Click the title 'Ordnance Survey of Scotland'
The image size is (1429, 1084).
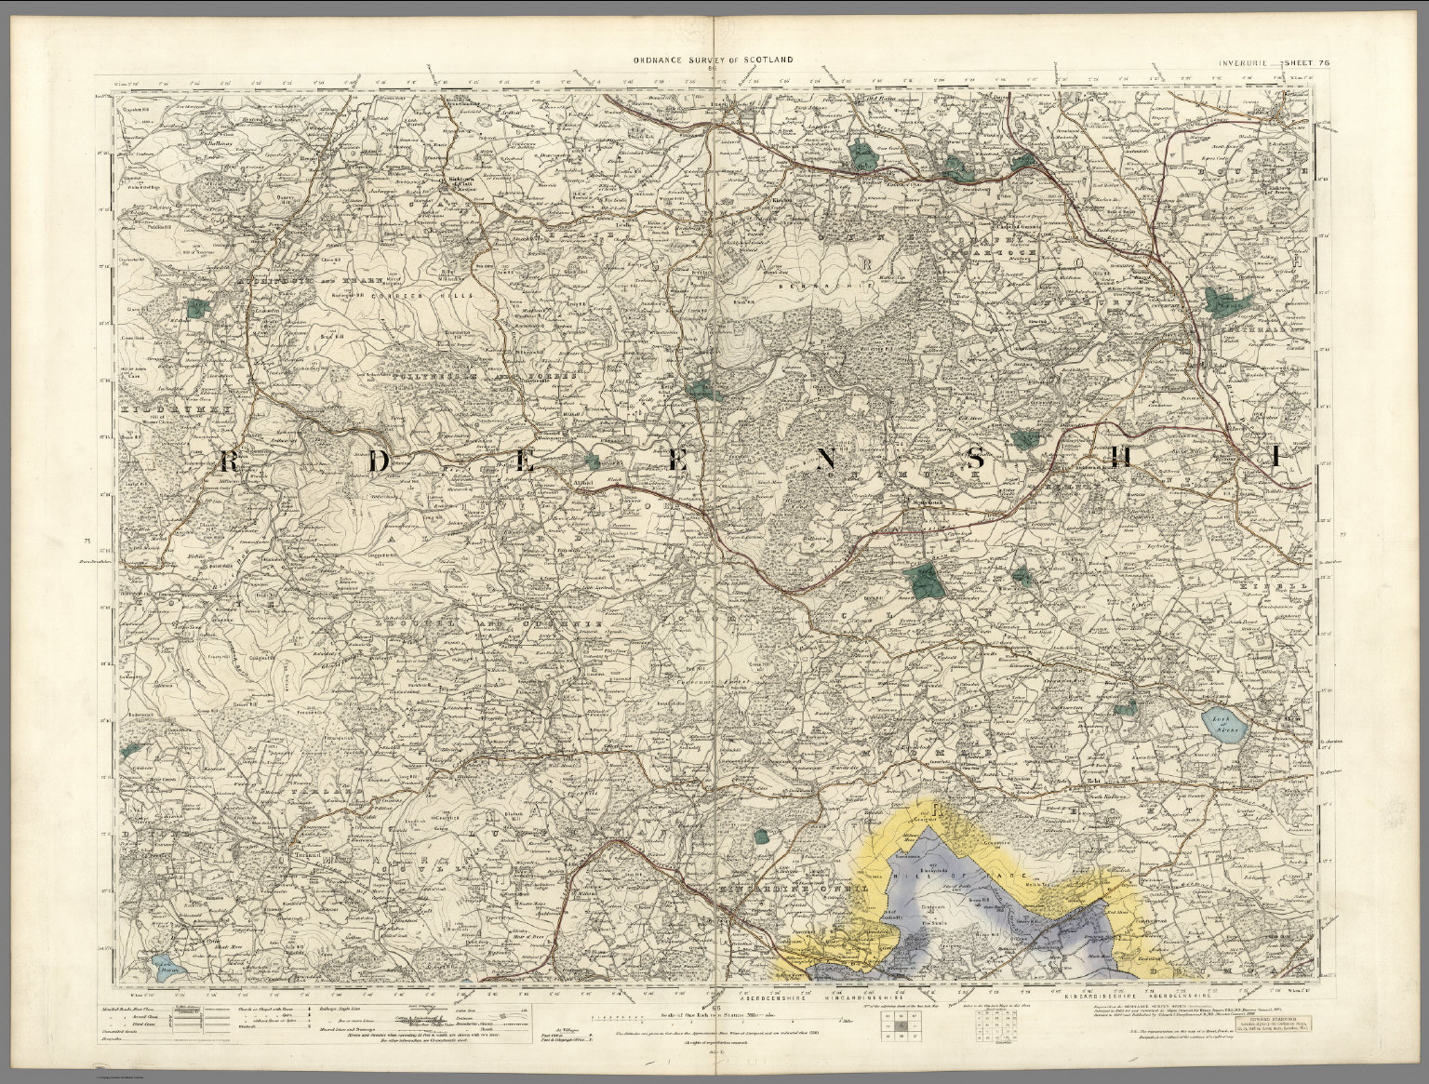tap(714, 59)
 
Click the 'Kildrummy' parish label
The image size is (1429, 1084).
tap(155, 408)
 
